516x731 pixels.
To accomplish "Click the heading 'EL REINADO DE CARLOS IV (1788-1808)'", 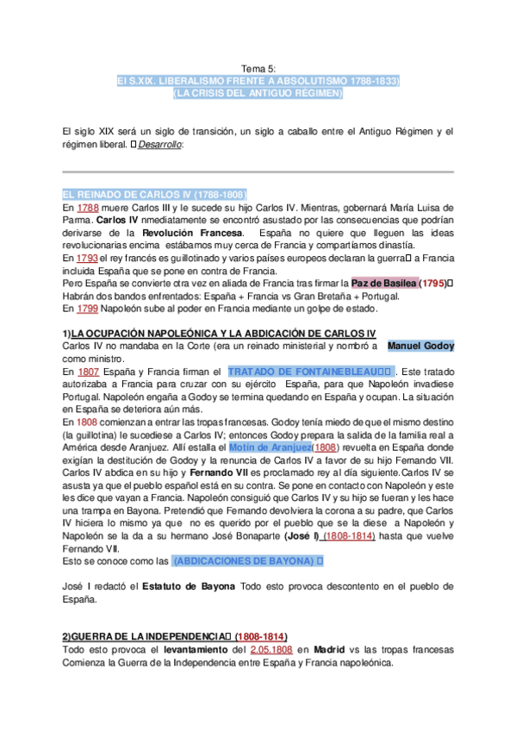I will pyautogui.click(x=155, y=195).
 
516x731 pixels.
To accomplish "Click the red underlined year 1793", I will pyautogui.click(x=87, y=258).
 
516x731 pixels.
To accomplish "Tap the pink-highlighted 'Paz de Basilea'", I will pyautogui.click(x=384, y=283).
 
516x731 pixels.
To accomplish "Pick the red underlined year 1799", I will pyautogui.click(x=87, y=308).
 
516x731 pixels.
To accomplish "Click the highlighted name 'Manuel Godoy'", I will pyautogui.click(x=420, y=346).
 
